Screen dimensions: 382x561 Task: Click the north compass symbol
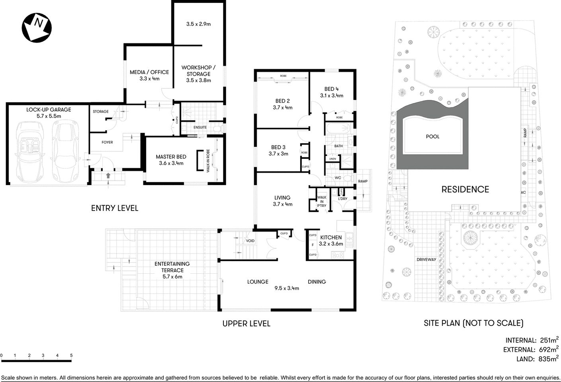coord(37,27)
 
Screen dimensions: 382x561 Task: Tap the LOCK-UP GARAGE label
coord(49,109)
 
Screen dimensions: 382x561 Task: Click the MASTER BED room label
coord(171,157)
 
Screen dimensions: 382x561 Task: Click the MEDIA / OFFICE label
coord(149,72)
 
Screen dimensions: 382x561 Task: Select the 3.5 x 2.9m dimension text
coord(198,24)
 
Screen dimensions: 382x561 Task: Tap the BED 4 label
coord(331,89)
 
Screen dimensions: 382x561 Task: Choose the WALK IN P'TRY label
coord(321,201)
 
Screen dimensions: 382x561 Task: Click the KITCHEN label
coord(331,237)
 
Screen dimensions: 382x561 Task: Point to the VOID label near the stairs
coord(250,241)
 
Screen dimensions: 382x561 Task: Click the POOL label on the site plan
coord(432,136)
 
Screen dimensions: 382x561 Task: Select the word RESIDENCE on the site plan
coord(465,189)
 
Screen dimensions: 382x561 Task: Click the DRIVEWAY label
coord(426,259)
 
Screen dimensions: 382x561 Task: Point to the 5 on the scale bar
coord(71,355)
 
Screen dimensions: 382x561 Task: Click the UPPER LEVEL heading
coord(246,324)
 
